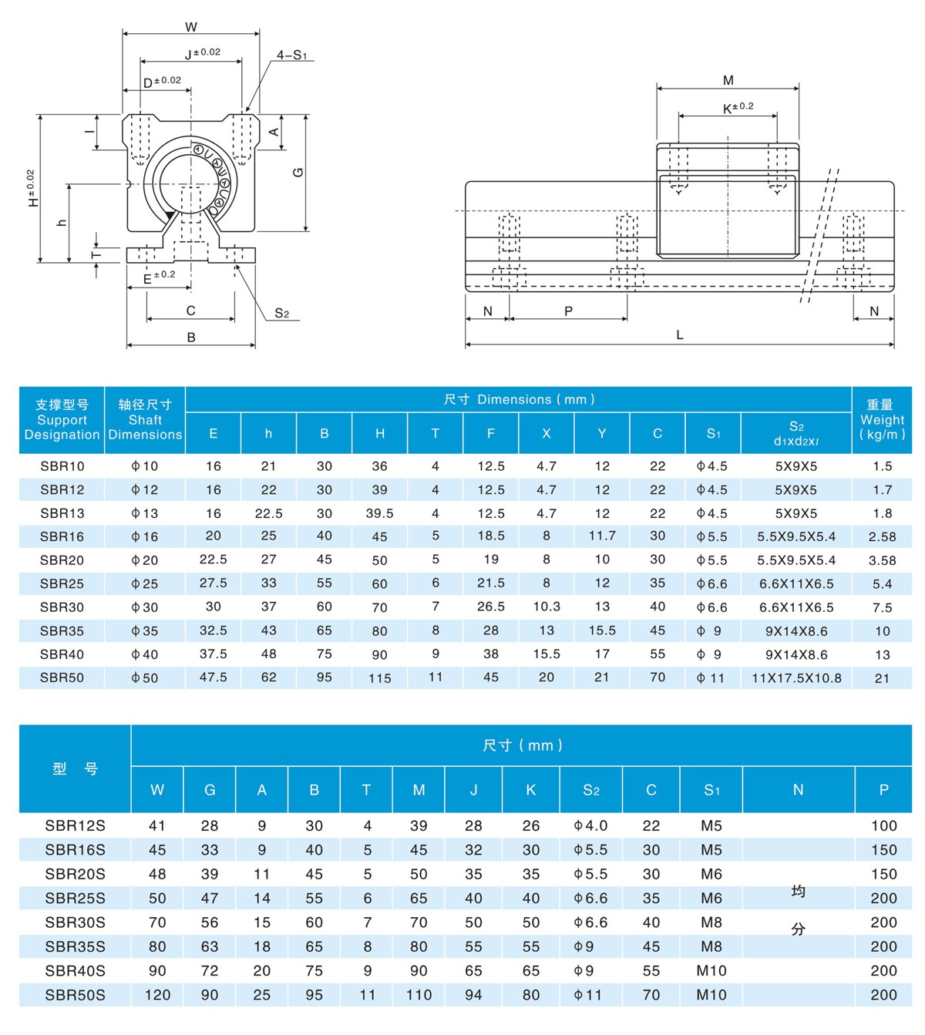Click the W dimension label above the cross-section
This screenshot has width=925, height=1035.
coord(191,27)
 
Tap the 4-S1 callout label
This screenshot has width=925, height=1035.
coord(292,55)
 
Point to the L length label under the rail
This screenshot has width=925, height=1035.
coord(680,335)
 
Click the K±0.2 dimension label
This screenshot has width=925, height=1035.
coord(738,108)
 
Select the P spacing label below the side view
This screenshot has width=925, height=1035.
coord(569,311)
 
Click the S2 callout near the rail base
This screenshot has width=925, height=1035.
coord(282,313)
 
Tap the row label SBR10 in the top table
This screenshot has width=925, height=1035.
coord(62,466)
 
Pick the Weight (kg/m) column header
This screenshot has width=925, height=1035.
coord(882,420)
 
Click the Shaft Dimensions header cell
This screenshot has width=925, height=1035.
coord(145,420)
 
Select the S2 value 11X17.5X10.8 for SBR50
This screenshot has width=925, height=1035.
coord(796,678)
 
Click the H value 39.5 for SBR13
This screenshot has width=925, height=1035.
coord(380,513)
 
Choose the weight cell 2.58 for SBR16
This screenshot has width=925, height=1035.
coord(883,536)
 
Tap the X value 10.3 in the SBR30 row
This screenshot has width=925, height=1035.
coord(547,607)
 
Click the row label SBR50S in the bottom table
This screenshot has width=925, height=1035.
coord(75,995)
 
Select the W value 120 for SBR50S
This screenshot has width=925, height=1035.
coord(157,995)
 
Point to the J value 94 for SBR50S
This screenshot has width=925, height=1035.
coord(473,995)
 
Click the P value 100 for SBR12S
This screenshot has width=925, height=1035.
coord(884,825)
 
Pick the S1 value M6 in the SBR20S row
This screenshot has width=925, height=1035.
coord(711,874)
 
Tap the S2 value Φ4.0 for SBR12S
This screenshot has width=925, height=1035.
coord(590,825)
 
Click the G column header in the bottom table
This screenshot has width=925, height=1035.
coord(210,790)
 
